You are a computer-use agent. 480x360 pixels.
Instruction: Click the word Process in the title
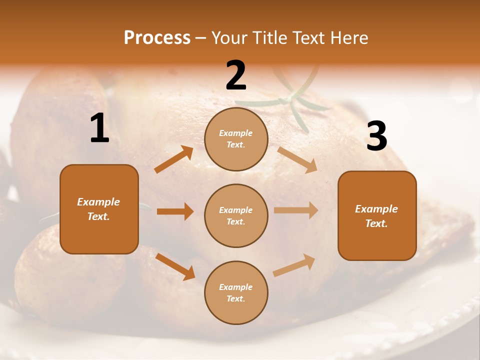click(x=157, y=38)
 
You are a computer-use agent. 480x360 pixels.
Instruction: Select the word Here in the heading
click(x=348, y=38)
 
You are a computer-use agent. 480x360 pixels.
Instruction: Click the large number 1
click(x=99, y=128)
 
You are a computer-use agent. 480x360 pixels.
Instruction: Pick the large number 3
click(x=376, y=136)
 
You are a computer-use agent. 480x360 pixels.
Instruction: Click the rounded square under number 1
click(x=99, y=209)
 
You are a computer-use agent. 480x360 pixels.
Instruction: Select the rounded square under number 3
click(x=377, y=215)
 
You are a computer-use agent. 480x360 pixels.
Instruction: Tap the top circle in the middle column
click(x=236, y=139)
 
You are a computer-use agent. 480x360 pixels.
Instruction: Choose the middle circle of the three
click(x=236, y=215)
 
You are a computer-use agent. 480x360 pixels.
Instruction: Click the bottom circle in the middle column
click(x=236, y=292)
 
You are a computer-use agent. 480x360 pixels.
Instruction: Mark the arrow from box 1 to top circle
click(x=174, y=159)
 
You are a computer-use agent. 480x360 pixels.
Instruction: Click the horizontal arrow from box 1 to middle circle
click(x=175, y=211)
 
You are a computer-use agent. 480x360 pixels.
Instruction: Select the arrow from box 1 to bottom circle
click(x=175, y=266)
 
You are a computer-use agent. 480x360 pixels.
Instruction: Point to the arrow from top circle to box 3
click(x=297, y=159)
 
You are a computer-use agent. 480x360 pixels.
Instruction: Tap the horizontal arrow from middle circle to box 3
click(x=296, y=210)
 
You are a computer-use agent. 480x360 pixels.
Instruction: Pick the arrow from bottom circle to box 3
click(x=294, y=265)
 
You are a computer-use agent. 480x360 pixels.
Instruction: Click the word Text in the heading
click(x=310, y=38)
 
